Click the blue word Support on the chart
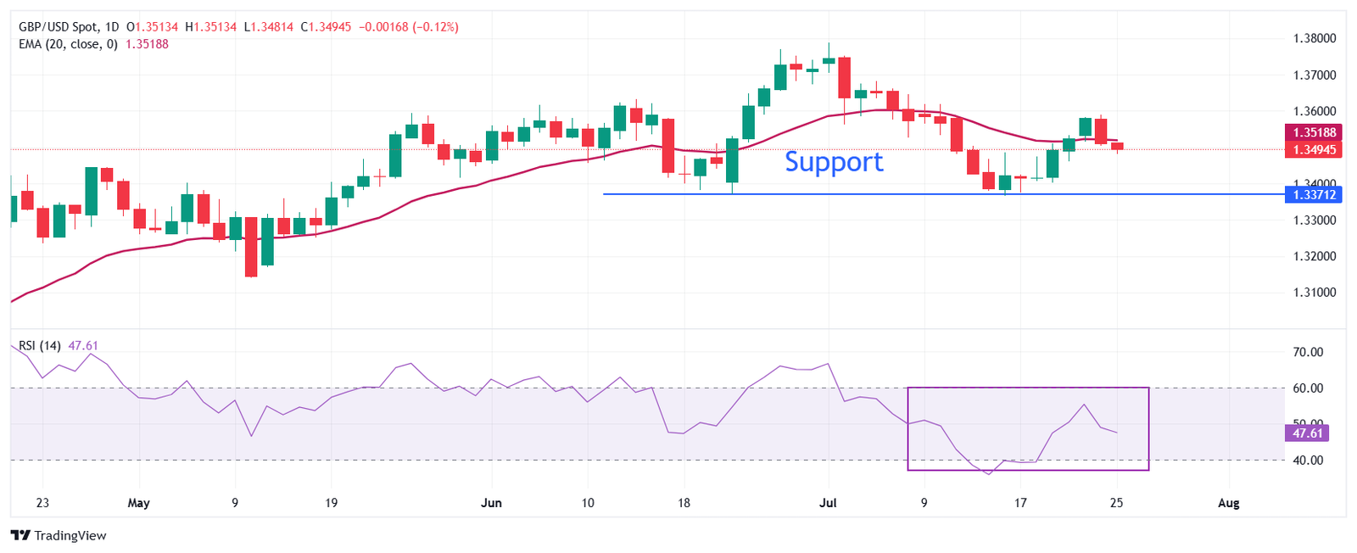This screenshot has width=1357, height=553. [834, 161]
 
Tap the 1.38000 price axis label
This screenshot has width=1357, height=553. [1314, 38]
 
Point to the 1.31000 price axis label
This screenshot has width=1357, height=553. [1314, 293]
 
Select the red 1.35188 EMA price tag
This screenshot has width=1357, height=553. [1315, 132]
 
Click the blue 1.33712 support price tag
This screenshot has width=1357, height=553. [1315, 195]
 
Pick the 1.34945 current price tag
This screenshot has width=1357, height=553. [1315, 150]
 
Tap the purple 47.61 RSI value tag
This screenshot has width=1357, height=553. [1307, 433]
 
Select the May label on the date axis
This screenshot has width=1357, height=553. [138, 503]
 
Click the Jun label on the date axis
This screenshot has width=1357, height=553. [491, 503]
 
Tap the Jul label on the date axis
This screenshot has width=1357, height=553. [828, 503]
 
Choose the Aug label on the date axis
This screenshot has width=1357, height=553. [1228, 503]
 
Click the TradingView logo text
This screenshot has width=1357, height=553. [70, 536]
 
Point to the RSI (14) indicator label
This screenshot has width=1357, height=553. [40, 346]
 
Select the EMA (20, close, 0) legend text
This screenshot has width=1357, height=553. [68, 44]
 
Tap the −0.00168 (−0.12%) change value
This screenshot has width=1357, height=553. [409, 27]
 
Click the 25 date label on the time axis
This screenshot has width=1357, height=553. [1116, 503]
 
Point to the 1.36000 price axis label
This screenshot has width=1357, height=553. [1314, 111]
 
